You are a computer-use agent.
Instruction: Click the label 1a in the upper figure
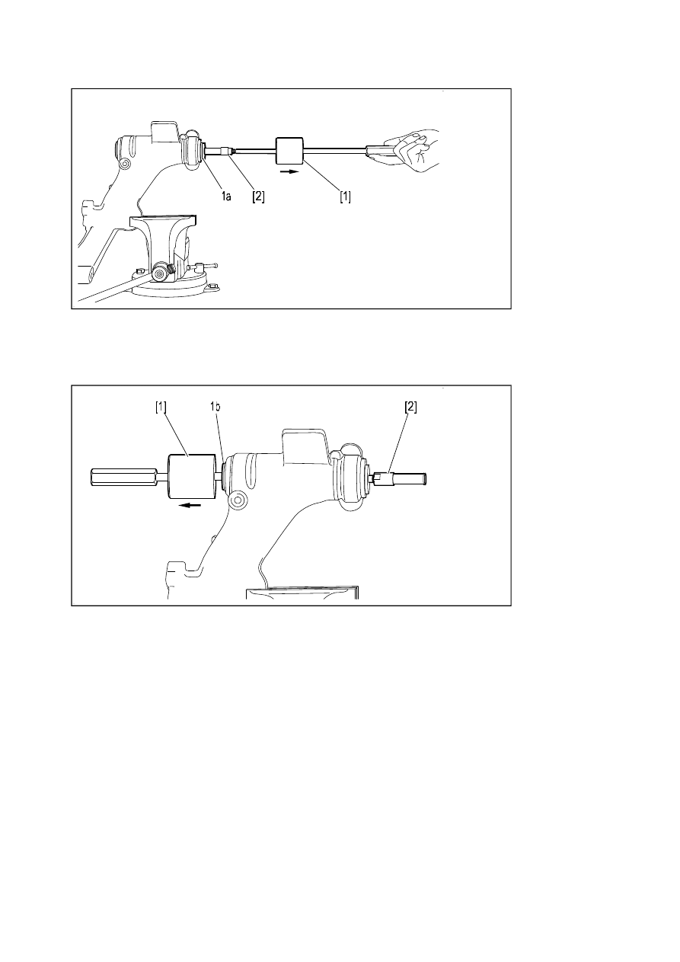tap(226, 197)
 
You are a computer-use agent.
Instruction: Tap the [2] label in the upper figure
tap(258, 197)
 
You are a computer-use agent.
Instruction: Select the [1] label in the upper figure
tap(345, 197)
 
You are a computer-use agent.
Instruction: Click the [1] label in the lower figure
tap(161, 407)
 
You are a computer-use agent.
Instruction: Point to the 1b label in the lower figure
tap(215, 406)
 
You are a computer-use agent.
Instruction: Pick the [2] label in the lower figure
tap(411, 407)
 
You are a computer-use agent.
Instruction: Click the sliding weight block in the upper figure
tap(290, 150)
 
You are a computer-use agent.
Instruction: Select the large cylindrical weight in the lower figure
tap(191, 476)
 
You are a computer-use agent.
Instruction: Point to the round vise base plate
tap(174, 288)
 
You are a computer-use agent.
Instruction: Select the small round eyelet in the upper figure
tap(125, 163)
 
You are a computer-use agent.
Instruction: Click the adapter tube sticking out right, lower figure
tap(399, 478)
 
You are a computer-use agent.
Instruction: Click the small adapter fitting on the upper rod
tap(225, 151)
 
